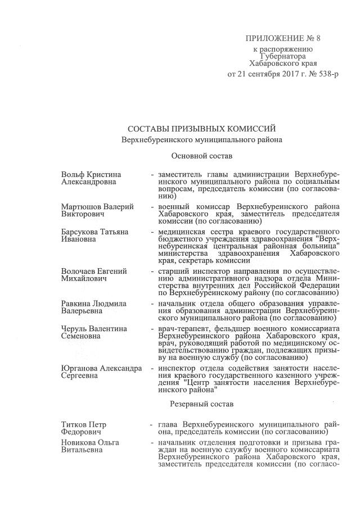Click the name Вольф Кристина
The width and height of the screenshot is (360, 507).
click(91, 174)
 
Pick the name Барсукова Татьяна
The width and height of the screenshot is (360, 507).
click(94, 232)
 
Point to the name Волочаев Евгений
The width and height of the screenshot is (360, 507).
click(94, 271)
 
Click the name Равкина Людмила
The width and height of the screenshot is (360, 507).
click(93, 304)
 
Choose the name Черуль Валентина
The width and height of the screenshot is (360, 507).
click(94, 328)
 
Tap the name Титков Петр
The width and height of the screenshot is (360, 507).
click(84, 424)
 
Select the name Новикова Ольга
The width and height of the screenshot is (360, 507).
click(90, 443)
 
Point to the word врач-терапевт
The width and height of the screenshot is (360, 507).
click(183, 328)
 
